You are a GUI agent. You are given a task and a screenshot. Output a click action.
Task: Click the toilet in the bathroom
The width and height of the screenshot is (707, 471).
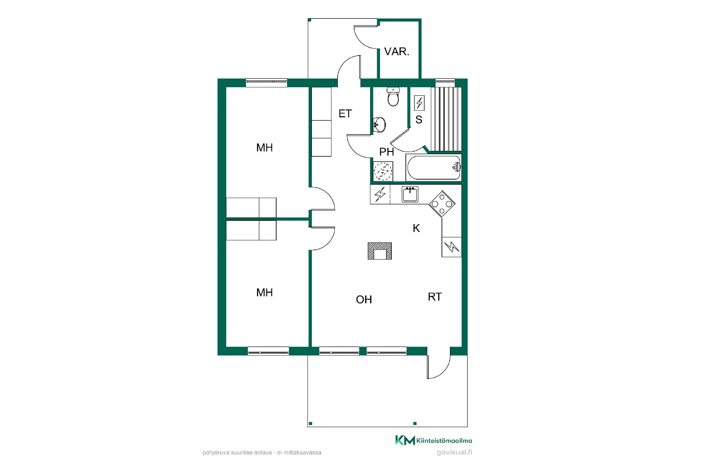pyautogui.click(x=393, y=96)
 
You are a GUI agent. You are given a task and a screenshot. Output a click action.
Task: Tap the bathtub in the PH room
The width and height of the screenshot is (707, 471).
pyautogui.click(x=434, y=168)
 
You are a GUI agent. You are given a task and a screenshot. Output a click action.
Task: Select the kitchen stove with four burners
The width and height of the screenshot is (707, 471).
pyautogui.click(x=442, y=203)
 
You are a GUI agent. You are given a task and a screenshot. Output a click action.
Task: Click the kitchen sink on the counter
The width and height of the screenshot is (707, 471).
pyautogui.click(x=410, y=194)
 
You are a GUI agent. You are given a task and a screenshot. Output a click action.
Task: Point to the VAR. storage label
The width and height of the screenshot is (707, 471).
pyautogui.click(x=397, y=52)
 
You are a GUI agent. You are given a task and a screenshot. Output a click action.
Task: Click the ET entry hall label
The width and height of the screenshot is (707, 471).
pyautogui.click(x=345, y=114)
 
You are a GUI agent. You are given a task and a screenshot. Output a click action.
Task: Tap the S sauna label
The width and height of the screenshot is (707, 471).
pyautogui.click(x=419, y=120)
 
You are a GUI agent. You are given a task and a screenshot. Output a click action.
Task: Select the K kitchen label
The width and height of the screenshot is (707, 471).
pyautogui.click(x=416, y=228)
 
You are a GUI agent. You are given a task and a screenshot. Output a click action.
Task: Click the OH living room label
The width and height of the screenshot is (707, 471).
pyautogui.click(x=364, y=300)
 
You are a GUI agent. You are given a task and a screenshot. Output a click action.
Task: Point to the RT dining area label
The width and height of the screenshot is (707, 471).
pyautogui.click(x=435, y=297)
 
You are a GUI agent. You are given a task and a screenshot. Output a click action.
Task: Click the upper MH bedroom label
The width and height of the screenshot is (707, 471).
pyautogui.click(x=264, y=148)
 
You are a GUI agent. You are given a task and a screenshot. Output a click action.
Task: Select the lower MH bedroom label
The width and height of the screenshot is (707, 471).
pyautogui.click(x=264, y=293)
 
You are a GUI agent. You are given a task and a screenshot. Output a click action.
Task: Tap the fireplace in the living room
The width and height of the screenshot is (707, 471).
pyautogui.click(x=380, y=251)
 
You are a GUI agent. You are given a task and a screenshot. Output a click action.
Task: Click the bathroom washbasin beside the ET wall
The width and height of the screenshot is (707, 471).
pyautogui.click(x=379, y=124)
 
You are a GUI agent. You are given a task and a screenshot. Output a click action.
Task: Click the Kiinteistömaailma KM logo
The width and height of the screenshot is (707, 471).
pyautogui.click(x=433, y=440)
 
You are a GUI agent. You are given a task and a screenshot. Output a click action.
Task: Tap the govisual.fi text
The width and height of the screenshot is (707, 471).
pyautogui.click(x=454, y=452)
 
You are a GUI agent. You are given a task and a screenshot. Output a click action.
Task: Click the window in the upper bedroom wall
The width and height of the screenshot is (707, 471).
pyautogui.click(x=266, y=83)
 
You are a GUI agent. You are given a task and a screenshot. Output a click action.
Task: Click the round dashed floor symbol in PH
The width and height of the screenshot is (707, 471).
pyautogui.click(x=383, y=171)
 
